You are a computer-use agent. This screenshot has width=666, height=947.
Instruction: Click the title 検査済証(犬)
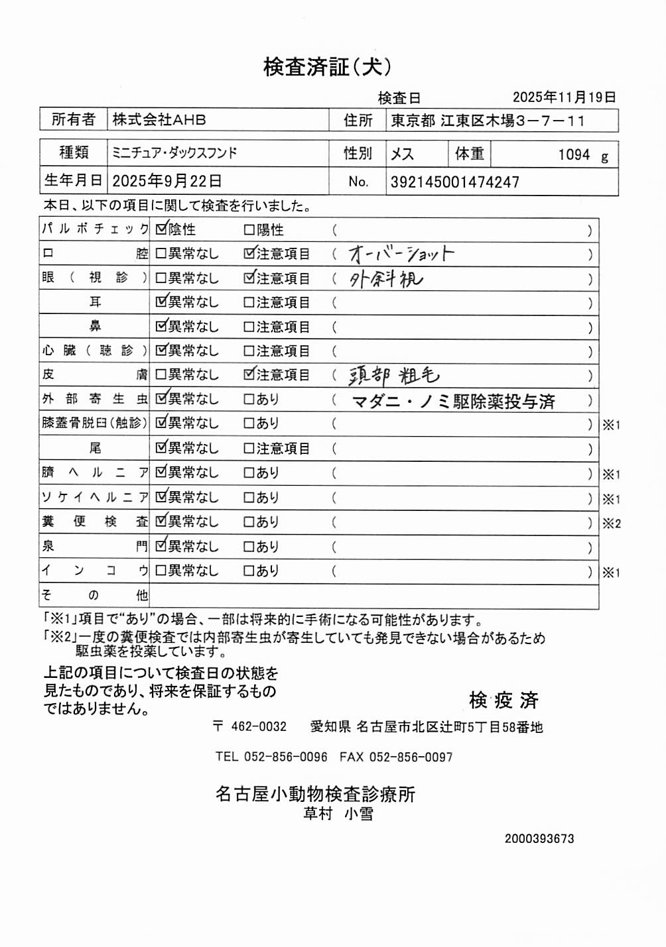click(x=327, y=67)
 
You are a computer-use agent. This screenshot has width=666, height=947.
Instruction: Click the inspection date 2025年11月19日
click(x=564, y=97)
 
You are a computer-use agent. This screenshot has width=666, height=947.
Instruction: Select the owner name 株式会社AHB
click(x=159, y=120)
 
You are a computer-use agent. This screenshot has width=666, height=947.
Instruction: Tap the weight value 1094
click(x=574, y=155)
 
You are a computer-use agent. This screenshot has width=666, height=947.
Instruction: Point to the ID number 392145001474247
click(x=455, y=182)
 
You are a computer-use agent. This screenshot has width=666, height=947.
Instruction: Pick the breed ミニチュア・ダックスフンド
click(x=174, y=153)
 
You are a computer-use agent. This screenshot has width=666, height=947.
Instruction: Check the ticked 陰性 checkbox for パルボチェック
click(x=161, y=230)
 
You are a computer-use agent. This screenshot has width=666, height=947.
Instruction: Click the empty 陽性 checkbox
click(x=249, y=231)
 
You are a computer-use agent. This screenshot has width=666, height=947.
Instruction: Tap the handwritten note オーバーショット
click(x=401, y=254)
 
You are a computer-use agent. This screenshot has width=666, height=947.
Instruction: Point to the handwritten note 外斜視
click(x=386, y=279)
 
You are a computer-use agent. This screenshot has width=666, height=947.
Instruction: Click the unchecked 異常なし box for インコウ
click(x=161, y=571)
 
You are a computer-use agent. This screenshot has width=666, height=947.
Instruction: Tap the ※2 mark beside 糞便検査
click(x=611, y=524)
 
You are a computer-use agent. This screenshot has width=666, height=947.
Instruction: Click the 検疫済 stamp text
click(x=503, y=700)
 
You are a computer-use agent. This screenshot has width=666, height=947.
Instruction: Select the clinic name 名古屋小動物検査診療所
click(x=315, y=794)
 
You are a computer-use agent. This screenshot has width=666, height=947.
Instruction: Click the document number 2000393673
click(x=539, y=839)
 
